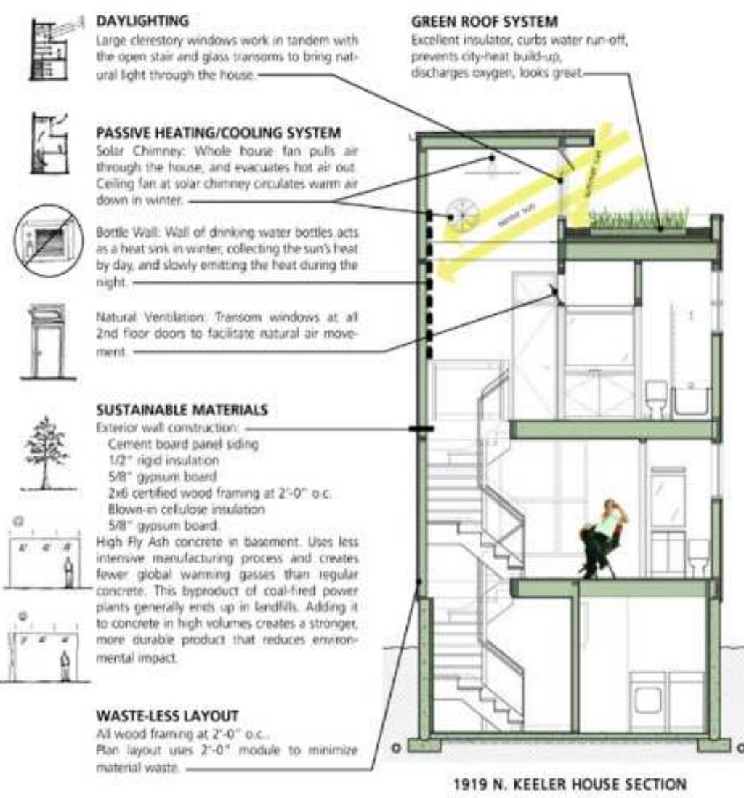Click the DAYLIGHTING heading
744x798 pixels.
142,20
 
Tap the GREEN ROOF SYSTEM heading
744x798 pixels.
485,22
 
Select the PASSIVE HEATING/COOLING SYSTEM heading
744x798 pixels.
219,133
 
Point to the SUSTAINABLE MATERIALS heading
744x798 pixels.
182,410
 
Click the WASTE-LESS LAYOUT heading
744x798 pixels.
167,716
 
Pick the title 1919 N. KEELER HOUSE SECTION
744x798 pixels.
569,784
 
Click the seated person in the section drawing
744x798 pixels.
602,536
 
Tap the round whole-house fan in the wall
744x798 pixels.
460,215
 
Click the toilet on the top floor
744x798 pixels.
657,400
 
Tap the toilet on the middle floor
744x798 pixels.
698,557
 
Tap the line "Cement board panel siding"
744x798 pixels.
182,444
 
